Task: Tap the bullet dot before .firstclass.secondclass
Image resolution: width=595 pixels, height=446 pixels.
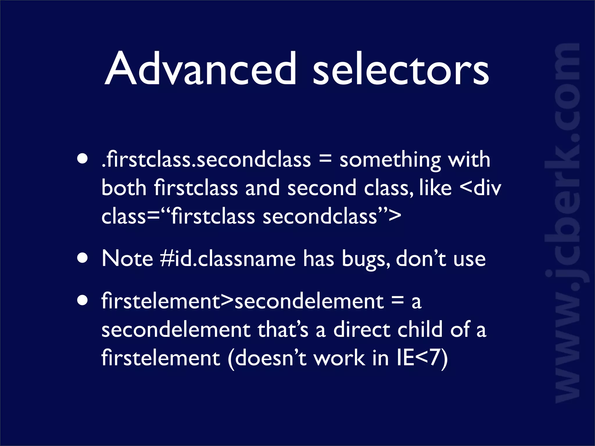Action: coord(83,159)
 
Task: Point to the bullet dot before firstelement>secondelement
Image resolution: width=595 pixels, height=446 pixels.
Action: coord(83,301)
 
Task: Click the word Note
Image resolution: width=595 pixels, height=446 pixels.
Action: coord(127,258)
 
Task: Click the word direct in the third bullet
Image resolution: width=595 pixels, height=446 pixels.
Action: coord(361,330)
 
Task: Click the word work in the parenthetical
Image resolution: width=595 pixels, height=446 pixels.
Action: coord(340,358)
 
